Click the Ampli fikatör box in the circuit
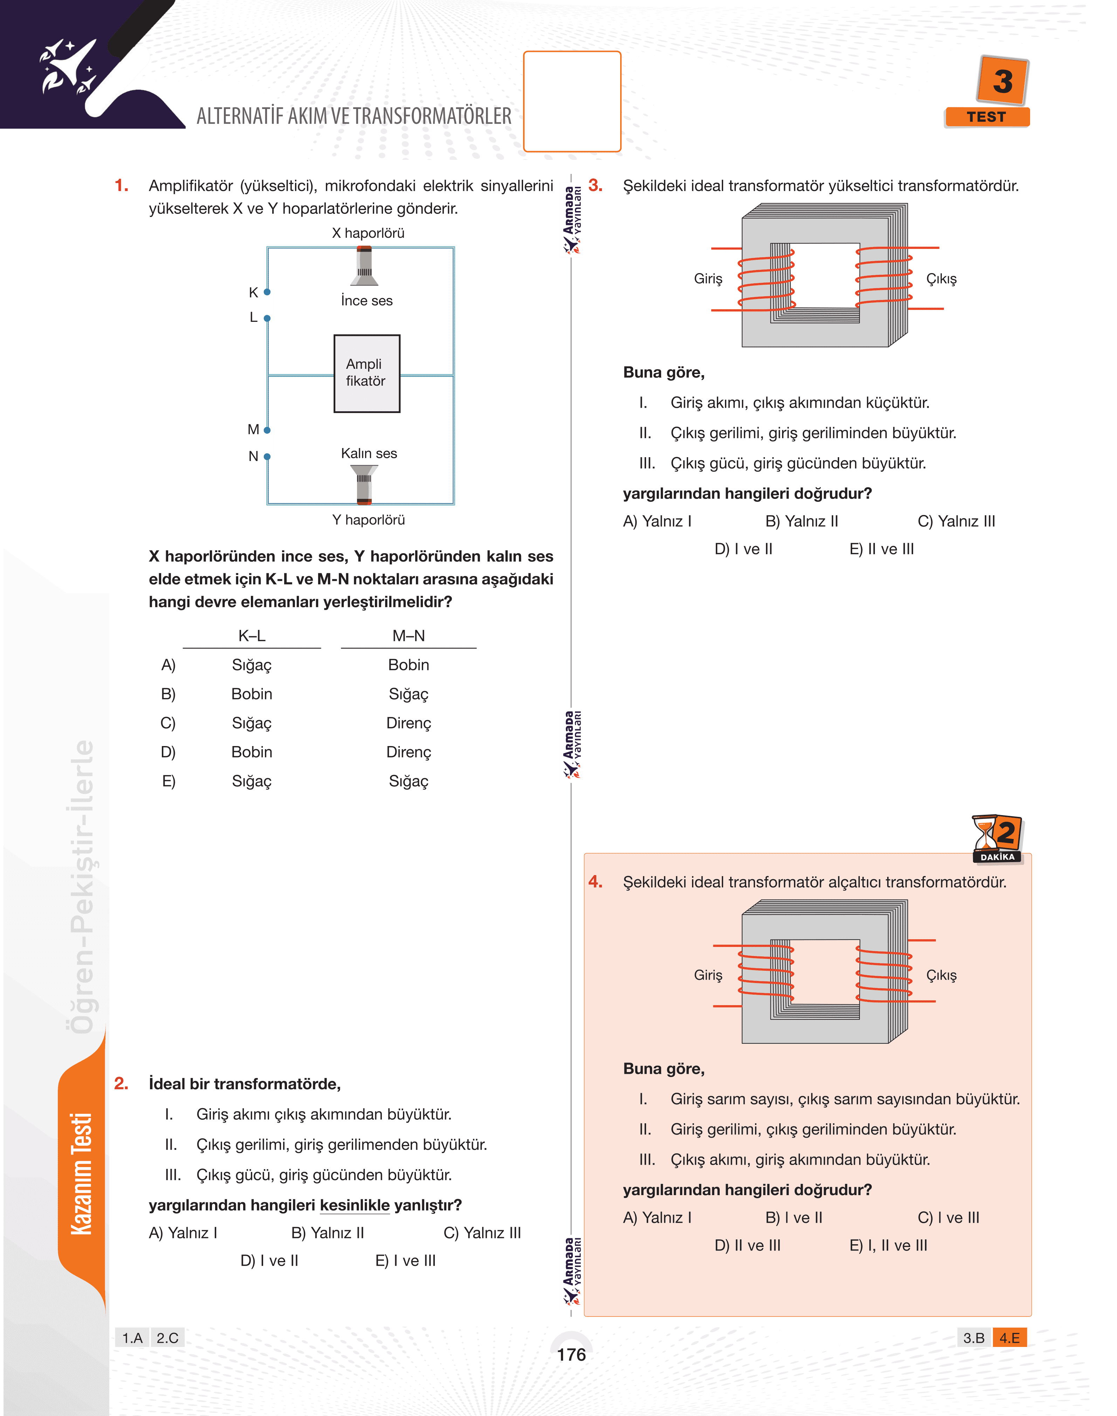366,373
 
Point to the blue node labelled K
267,292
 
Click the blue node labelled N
267,456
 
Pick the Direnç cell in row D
409,752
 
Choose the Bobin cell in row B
252,693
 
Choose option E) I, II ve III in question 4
888,1245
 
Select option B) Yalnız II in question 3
801,522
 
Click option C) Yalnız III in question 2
482,1233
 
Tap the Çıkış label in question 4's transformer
941,975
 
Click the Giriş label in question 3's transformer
708,279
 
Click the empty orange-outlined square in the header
572,101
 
